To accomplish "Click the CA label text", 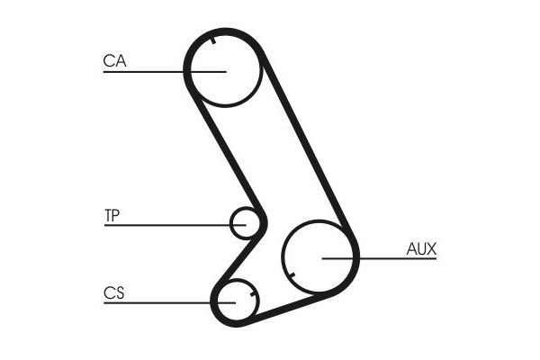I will pyautogui.click(x=114, y=61).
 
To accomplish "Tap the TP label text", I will pyautogui.click(x=112, y=215).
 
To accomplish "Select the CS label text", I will pyautogui.click(x=113, y=293).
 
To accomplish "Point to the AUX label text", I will pyautogui.click(x=421, y=248).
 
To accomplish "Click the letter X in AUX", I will pyautogui.click(x=431, y=248).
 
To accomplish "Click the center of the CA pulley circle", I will pyautogui.click(x=224, y=70).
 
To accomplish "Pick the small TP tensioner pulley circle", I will pyautogui.click(x=245, y=222).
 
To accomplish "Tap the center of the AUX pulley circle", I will pyautogui.click(x=320, y=256).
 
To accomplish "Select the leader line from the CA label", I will pyautogui.click(x=162, y=71).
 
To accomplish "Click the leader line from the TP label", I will pyautogui.click(x=171, y=224).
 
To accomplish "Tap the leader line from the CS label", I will pyautogui.click(x=166, y=302).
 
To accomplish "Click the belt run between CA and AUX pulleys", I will pyautogui.click(x=307, y=144).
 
